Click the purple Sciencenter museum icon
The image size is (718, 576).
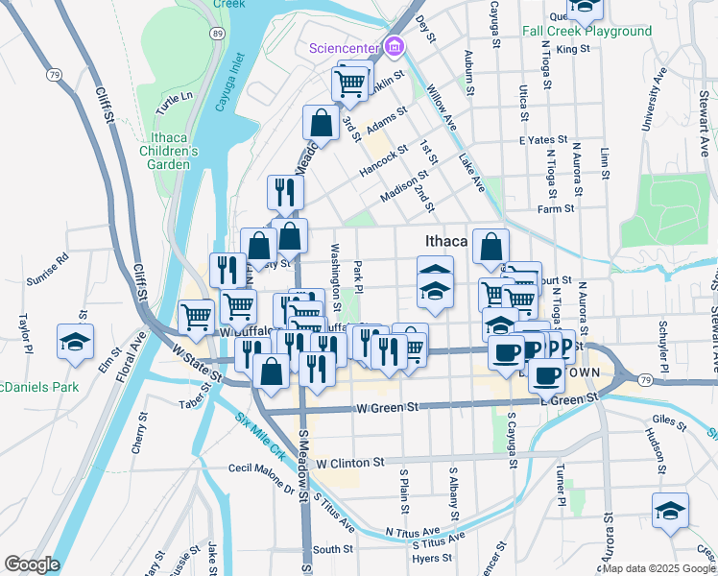point(393,46)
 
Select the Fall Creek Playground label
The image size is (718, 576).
point(586,31)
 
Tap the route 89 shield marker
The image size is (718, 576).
point(219,34)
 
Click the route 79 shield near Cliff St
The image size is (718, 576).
point(55,74)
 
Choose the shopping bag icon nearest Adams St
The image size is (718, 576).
point(320,123)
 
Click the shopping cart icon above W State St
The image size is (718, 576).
point(196,316)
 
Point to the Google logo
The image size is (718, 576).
point(31,564)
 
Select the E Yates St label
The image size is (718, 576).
point(538,140)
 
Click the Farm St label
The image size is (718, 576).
point(555,208)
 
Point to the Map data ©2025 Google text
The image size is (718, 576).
point(658,568)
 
